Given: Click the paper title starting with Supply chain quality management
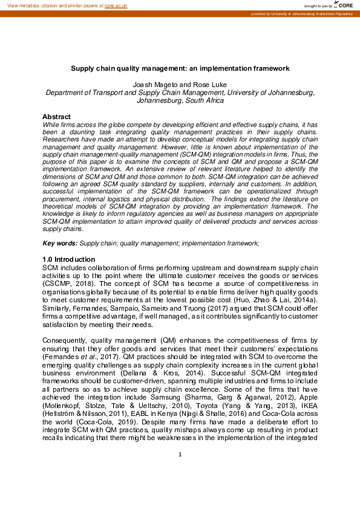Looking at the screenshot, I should (x=180, y=69).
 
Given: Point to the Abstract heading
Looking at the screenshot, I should (x=56, y=117).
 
